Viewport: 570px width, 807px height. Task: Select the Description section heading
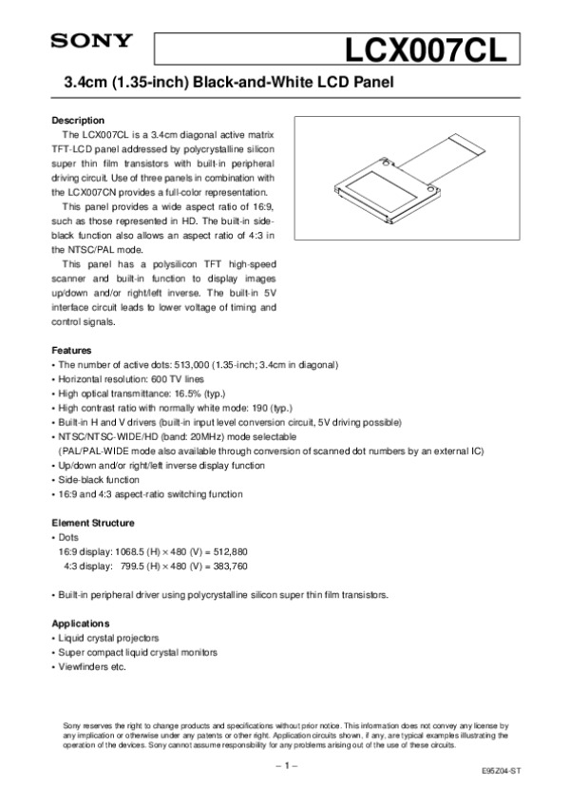pos(77,121)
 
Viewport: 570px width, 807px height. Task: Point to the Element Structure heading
pos(92,523)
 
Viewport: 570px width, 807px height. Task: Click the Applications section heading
pos(84,624)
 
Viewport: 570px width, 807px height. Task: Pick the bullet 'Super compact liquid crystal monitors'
pos(138,652)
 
